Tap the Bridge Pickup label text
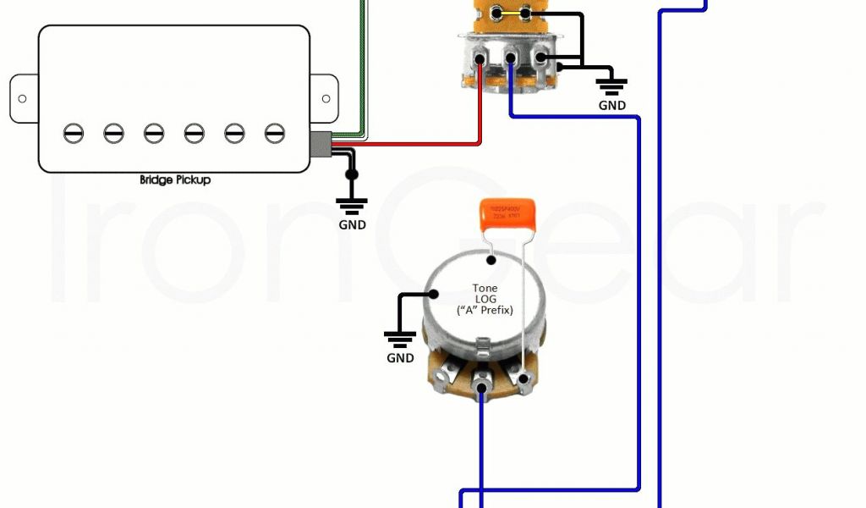175,180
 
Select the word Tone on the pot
485,289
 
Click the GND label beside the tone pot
400,358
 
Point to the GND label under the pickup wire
352,225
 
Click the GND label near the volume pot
611,106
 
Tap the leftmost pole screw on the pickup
74,133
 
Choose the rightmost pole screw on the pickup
273,133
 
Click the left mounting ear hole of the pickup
22,98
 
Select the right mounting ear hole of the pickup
324,98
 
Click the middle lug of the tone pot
482,390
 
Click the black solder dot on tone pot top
490,260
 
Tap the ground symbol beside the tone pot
400,340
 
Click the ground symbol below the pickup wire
352,205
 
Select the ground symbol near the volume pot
611,85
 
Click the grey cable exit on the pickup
321,145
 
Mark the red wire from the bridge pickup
406,145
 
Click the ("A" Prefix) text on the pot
485,311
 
